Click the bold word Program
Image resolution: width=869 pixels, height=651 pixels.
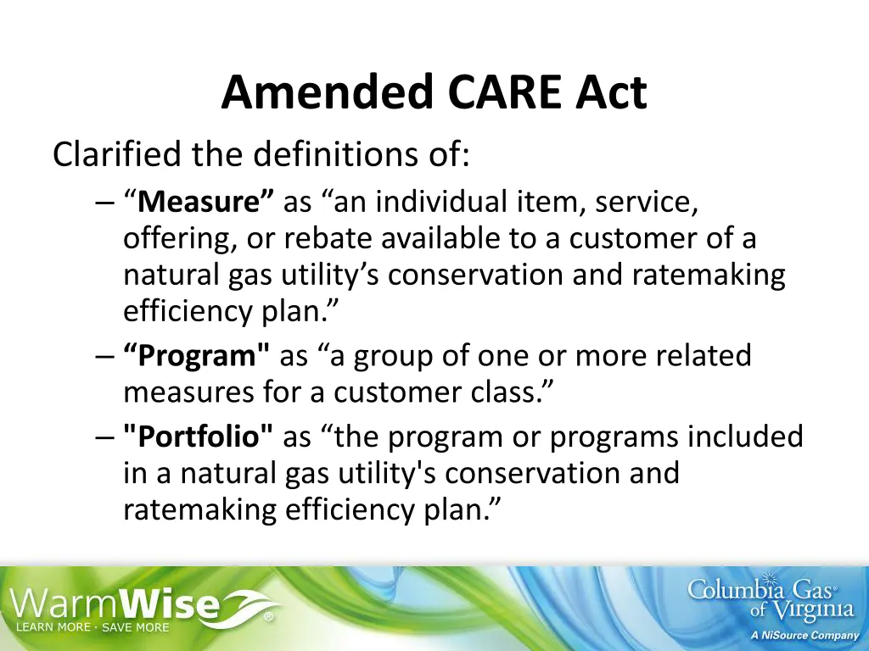(x=197, y=356)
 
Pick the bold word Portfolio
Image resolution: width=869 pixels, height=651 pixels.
(x=198, y=437)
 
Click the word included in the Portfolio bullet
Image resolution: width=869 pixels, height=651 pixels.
(x=745, y=437)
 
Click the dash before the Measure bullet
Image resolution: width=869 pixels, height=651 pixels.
(x=104, y=203)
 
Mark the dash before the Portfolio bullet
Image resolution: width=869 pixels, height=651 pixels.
(x=104, y=437)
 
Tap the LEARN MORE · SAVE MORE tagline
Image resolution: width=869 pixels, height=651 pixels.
(x=93, y=627)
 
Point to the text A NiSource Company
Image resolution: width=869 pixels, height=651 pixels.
(x=805, y=636)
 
